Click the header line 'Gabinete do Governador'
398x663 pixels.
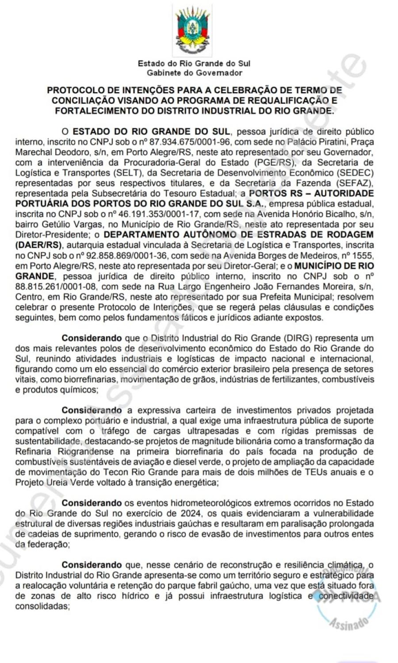click(195, 73)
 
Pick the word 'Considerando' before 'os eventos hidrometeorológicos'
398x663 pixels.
click(92, 503)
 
